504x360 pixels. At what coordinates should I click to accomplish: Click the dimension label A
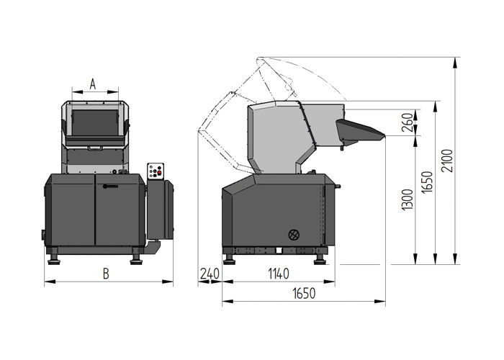click(x=93, y=84)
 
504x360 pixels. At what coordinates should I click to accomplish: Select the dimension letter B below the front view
click(x=105, y=274)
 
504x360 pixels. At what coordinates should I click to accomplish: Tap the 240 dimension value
click(x=210, y=274)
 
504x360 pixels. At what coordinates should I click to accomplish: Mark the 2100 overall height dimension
click(x=447, y=162)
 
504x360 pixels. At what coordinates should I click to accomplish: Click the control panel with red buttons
click(x=156, y=171)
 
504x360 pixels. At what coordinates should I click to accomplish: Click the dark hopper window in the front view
click(x=96, y=122)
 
